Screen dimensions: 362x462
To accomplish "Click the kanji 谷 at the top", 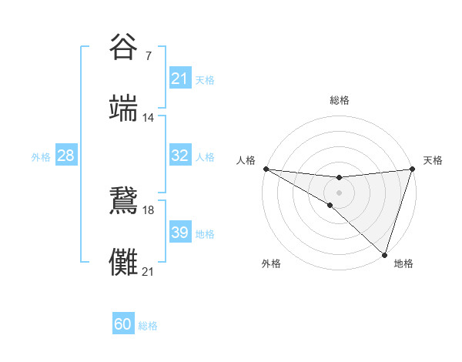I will tap(124, 47).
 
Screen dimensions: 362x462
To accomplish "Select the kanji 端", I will tap(124, 109).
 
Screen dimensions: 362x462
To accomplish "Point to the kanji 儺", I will tap(124, 262).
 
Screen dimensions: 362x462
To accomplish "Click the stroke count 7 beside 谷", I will tap(148, 56).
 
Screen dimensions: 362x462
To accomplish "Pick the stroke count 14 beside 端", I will tap(148, 118).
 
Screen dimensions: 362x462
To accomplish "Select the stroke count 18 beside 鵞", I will tap(148, 209).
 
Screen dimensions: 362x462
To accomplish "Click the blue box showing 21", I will tap(179, 79).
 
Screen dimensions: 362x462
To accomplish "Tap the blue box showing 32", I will tap(179, 156).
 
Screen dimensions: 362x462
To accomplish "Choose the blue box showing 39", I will tap(179, 233).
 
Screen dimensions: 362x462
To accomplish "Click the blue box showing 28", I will tap(66, 156).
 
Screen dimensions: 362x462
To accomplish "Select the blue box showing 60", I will tap(122, 324).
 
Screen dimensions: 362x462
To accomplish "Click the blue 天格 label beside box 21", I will tap(205, 79).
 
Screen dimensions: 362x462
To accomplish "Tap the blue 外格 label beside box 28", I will tap(41, 156).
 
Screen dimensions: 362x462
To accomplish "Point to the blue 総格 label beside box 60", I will tap(148, 325).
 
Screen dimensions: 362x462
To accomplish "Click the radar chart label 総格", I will tap(339, 100).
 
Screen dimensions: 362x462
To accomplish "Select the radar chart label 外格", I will tap(271, 263).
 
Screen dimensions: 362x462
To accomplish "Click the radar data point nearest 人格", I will tap(266, 169).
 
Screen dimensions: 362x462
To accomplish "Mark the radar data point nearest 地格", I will tap(384, 254).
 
